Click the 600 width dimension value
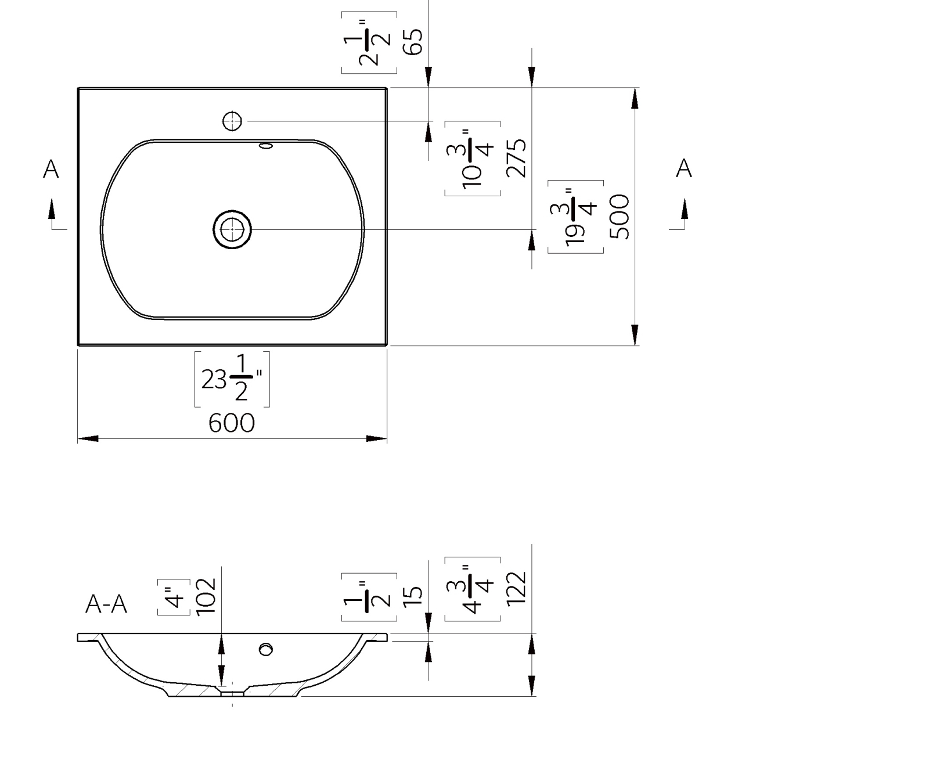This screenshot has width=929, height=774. (232, 423)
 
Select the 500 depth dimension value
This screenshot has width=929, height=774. (620, 217)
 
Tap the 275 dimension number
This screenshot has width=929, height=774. (516, 157)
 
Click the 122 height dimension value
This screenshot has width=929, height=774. (516, 589)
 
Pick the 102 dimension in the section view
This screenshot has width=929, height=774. (206, 596)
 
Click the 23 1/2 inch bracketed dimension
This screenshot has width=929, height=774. (232, 379)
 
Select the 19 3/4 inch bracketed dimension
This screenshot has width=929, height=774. (575, 217)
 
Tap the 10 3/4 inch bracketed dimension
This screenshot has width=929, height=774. (473, 158)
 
